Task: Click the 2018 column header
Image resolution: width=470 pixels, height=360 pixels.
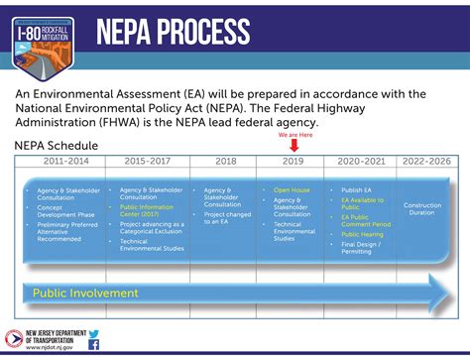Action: coord(224,159)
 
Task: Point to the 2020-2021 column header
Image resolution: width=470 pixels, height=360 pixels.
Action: coord(360,159)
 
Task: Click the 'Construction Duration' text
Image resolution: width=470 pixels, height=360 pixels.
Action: coord(423,209)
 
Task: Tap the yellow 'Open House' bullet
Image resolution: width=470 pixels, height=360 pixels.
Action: coord(293,189)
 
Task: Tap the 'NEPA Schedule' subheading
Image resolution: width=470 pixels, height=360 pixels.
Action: coord(55,144)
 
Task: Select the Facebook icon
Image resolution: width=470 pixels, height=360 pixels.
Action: coord(94,346)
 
